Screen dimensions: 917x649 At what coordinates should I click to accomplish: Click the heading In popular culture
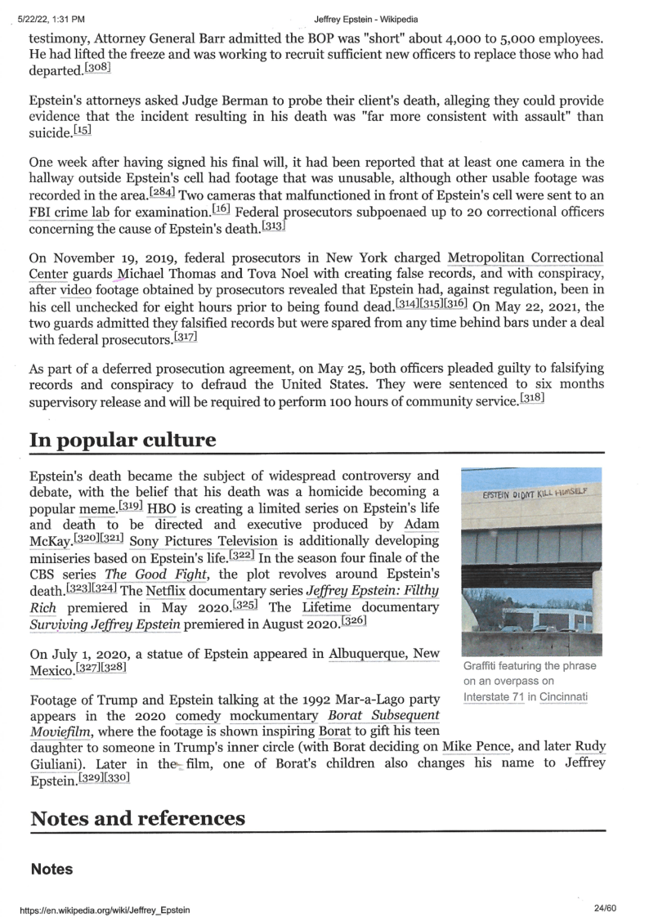pyautogui.click(x=123, y=441)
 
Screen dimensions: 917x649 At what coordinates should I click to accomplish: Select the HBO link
pyautogui.click(x=161, y=506)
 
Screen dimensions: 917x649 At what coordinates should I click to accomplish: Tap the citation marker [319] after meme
pyautogui.click(x=131, y=506)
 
